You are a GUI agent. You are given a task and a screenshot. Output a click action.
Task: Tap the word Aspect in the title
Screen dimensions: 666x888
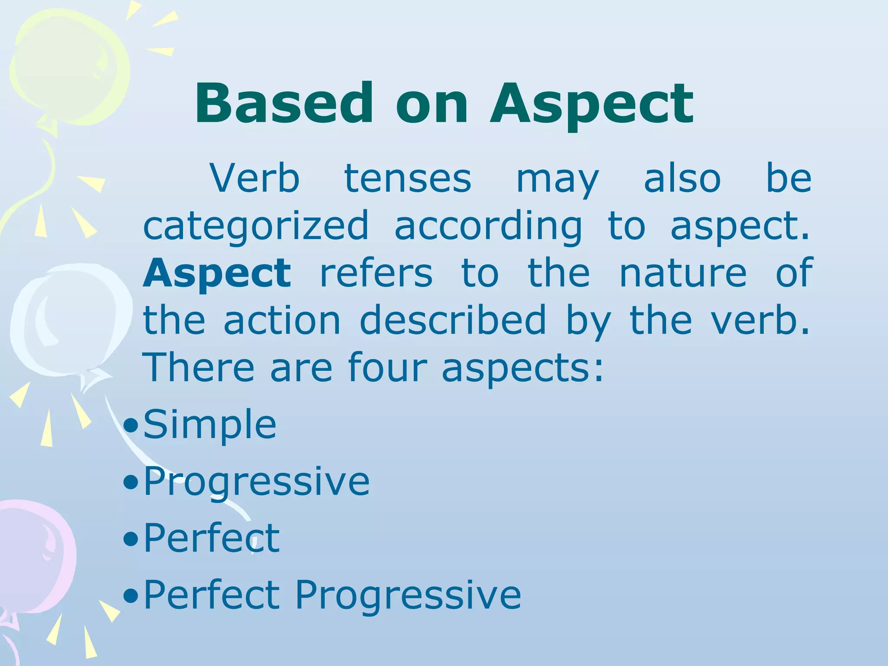click(591, 105)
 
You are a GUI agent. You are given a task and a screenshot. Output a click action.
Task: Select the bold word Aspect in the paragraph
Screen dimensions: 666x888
click(217, 273)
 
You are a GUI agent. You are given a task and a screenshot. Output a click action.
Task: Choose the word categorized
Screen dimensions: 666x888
click(256, 226)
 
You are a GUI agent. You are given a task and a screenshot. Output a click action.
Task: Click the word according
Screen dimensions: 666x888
click(488, 226)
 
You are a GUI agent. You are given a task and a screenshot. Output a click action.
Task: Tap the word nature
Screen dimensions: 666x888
click(683, 273)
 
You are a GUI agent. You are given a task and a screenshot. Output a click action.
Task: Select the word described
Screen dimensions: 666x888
click(453, 320)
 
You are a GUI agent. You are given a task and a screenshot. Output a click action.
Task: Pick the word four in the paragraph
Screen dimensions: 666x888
click(387, 368)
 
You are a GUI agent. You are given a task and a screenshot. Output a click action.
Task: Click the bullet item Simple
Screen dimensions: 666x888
click(210, 425)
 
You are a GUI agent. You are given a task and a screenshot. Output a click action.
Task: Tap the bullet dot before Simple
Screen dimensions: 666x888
click(131, 426)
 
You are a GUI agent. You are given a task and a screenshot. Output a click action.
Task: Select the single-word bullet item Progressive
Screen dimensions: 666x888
click(257, 482)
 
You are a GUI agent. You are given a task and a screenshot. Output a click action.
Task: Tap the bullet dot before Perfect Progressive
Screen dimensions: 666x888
click(131, 596)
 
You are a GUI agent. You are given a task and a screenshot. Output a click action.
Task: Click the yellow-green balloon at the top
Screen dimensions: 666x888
click(69, 69)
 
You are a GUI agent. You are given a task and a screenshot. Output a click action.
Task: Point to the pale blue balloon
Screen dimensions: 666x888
click(69, 321)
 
